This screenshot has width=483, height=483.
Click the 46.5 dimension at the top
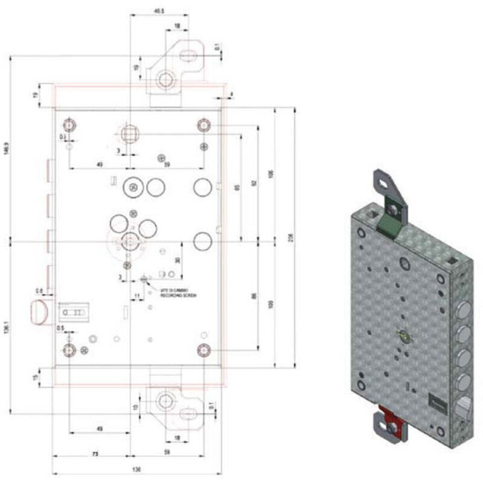[159, 11]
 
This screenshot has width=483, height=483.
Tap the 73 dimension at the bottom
[95, 452]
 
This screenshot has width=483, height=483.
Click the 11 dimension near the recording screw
[138, 295]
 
